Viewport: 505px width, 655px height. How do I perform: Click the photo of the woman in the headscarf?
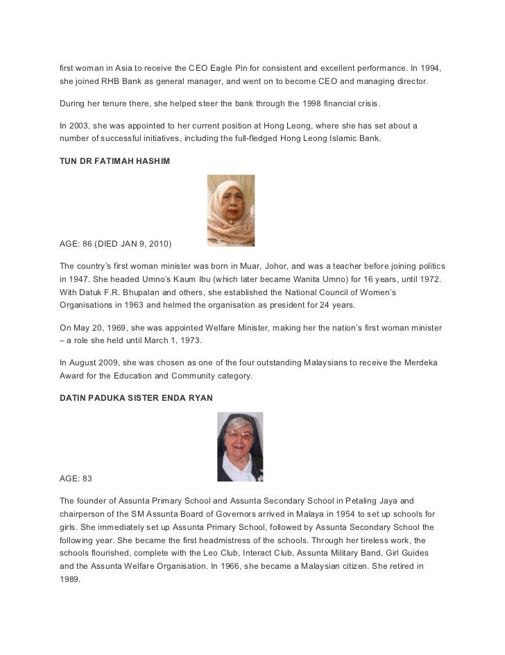pos(231,210)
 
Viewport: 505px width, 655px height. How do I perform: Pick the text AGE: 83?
pos(76,479)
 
